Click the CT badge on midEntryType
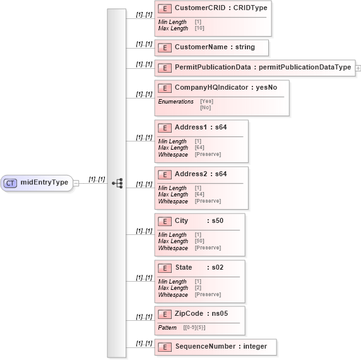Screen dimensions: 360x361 point(10,183)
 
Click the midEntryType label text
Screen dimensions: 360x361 point(44,183)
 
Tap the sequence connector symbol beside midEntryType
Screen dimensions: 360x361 point(117,183)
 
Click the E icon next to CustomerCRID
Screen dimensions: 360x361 point(164,8)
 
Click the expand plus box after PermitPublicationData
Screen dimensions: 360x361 point(358,68)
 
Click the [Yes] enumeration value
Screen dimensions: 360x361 point(206,101)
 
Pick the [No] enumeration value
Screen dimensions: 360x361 point(205,107)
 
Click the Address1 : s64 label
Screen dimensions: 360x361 point(200,128)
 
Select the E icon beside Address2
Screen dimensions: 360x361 point(164,174)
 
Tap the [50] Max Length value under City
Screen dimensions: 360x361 point(200,241)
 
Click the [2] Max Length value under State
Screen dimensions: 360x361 point(198,288)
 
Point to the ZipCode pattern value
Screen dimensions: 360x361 point(194,328)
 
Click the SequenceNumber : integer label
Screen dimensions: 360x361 point(221,347)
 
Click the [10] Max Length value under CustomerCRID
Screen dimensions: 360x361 point(199,28)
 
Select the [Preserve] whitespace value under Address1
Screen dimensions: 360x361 point(208,154)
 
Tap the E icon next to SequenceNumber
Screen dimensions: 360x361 point(164,347)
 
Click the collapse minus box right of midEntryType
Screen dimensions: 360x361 point(76,183)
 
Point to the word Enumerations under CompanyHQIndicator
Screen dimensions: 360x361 point(175,101)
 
